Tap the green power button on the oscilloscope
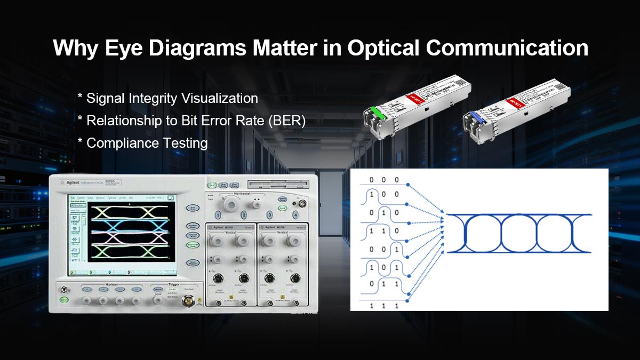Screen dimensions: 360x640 coord(65,300)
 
